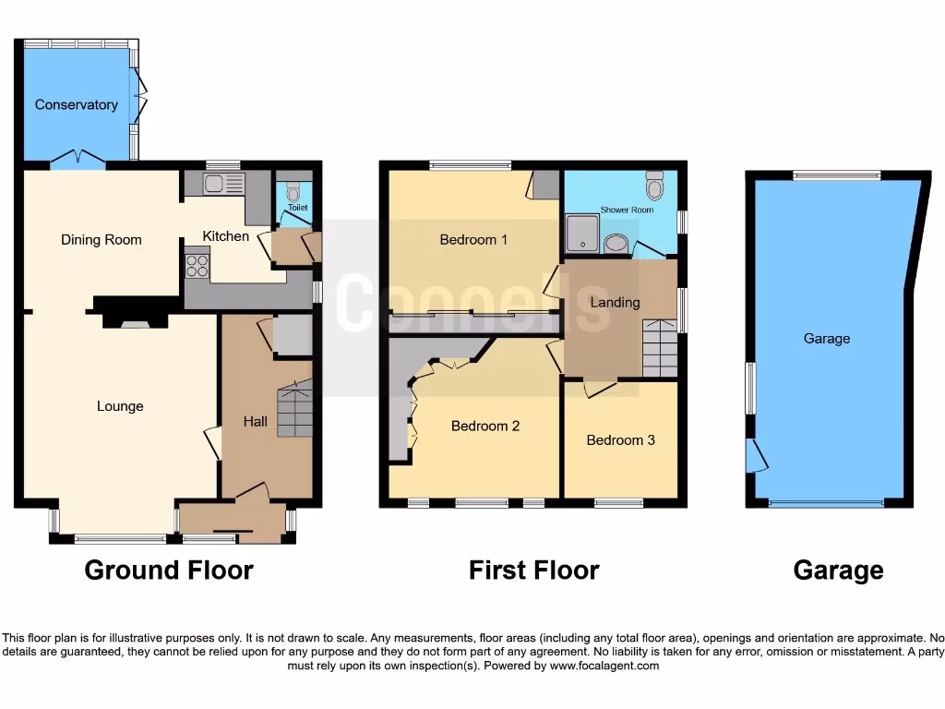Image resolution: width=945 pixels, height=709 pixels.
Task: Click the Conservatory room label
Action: (76, 105)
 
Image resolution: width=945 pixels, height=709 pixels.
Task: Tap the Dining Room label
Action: (102, 240)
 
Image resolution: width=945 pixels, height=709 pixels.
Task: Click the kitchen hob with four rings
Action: (197, 266)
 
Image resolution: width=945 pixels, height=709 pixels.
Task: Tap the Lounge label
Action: (120, 406)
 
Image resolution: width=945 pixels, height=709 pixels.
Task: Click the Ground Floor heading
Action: (169, 571)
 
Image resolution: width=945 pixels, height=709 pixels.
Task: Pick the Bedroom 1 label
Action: (473, 240)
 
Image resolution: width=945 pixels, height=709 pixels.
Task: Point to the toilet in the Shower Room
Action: (655, 186)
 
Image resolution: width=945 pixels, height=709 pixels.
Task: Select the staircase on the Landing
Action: (660, 347)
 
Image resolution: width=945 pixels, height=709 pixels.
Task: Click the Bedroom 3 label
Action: (620, 440)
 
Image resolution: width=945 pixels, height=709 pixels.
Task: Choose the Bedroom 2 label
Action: (485, 427)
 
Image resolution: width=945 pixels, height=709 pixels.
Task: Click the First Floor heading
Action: (533, 571)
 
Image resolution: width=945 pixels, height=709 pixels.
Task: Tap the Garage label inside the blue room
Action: (826, 339)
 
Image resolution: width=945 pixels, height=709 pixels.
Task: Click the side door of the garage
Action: (757, 455)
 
